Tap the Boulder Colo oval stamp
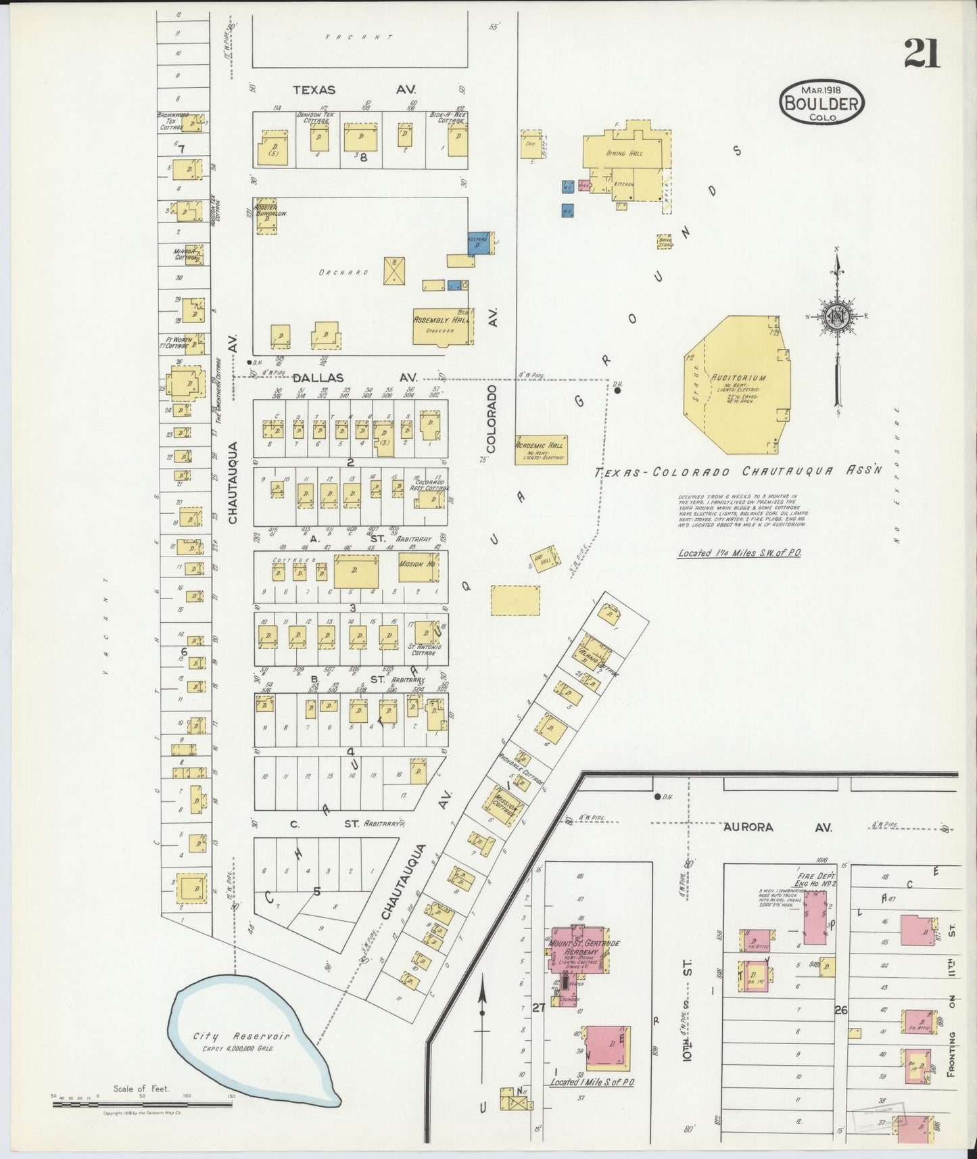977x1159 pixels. pos(821,103)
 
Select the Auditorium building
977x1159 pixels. pos(737,385)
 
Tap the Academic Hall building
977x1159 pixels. pos(541,449)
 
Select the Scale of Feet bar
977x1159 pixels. pos(142,1105)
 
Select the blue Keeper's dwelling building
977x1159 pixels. pos(478,243)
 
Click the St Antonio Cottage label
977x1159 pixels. pos(425,650)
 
